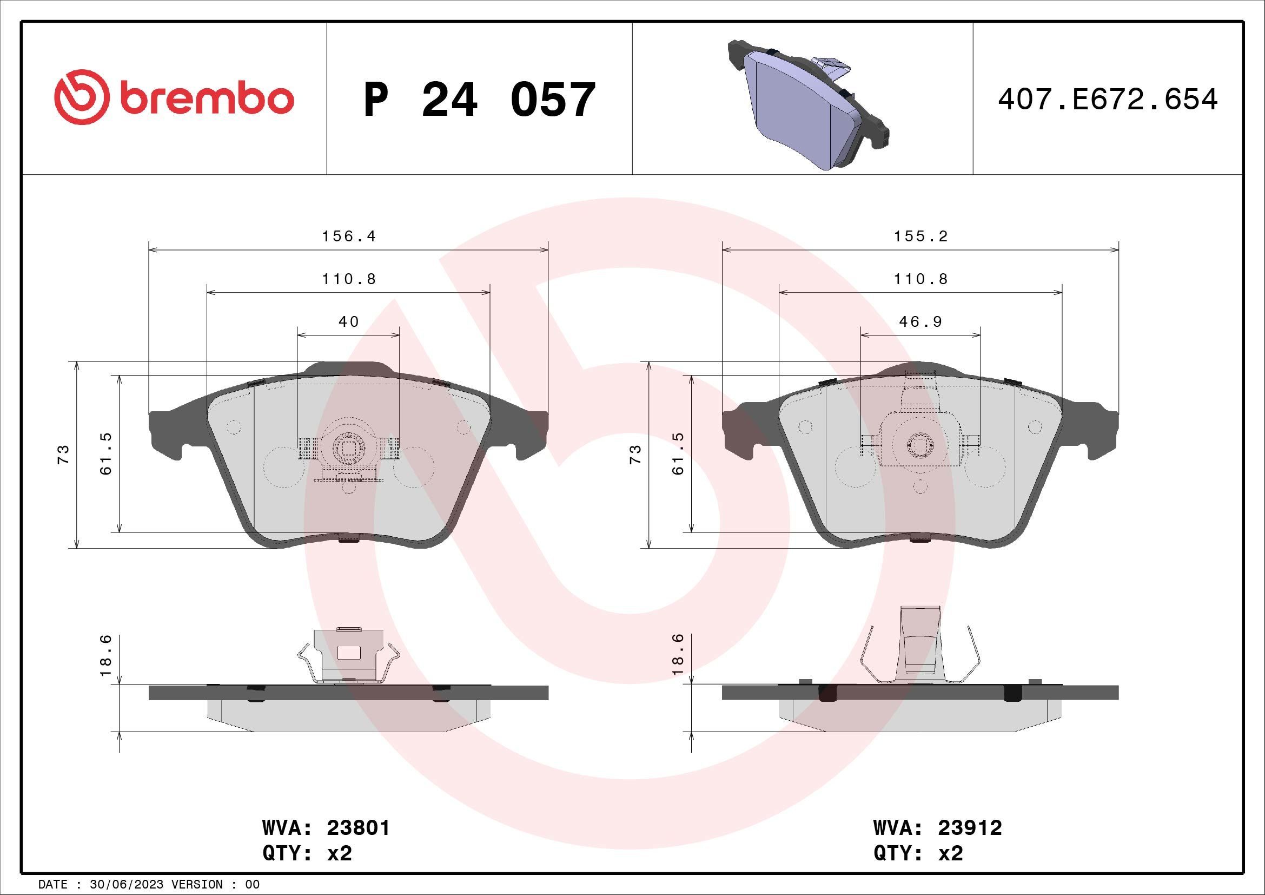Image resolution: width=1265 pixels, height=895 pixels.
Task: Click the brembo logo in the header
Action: click(174, 98)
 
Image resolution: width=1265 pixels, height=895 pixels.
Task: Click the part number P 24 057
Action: click(479, 100)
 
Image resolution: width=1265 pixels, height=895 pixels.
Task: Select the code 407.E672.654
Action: click(1108, 100)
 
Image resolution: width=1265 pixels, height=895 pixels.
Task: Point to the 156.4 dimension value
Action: click(348, 236)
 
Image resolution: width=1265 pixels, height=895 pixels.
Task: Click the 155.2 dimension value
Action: click(920, 236)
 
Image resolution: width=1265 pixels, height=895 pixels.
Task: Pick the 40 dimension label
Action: click(348, 321)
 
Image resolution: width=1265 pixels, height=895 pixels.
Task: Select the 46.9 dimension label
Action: click(920, 321)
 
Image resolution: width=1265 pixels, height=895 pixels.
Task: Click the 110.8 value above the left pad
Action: click(348, 279)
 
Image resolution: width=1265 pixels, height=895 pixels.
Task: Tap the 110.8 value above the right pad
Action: click(920, 279)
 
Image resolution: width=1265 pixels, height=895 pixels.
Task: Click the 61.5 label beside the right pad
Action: click(678, 454)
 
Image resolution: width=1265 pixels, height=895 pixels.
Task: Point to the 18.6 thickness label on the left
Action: click(106, 655)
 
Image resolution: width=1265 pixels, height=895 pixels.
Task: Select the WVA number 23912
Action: click(970, 828)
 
